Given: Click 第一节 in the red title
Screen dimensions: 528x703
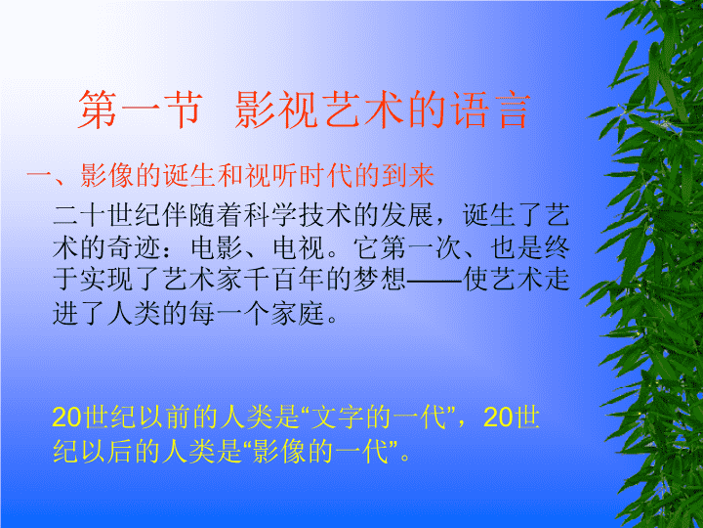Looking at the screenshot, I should pyautogui.click(x=140, y=110).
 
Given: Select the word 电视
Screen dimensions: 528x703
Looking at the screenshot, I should pyautogui.click(x=288, y=248).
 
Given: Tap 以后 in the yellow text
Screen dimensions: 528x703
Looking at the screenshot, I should pyautogui.click(x=132, y=452).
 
